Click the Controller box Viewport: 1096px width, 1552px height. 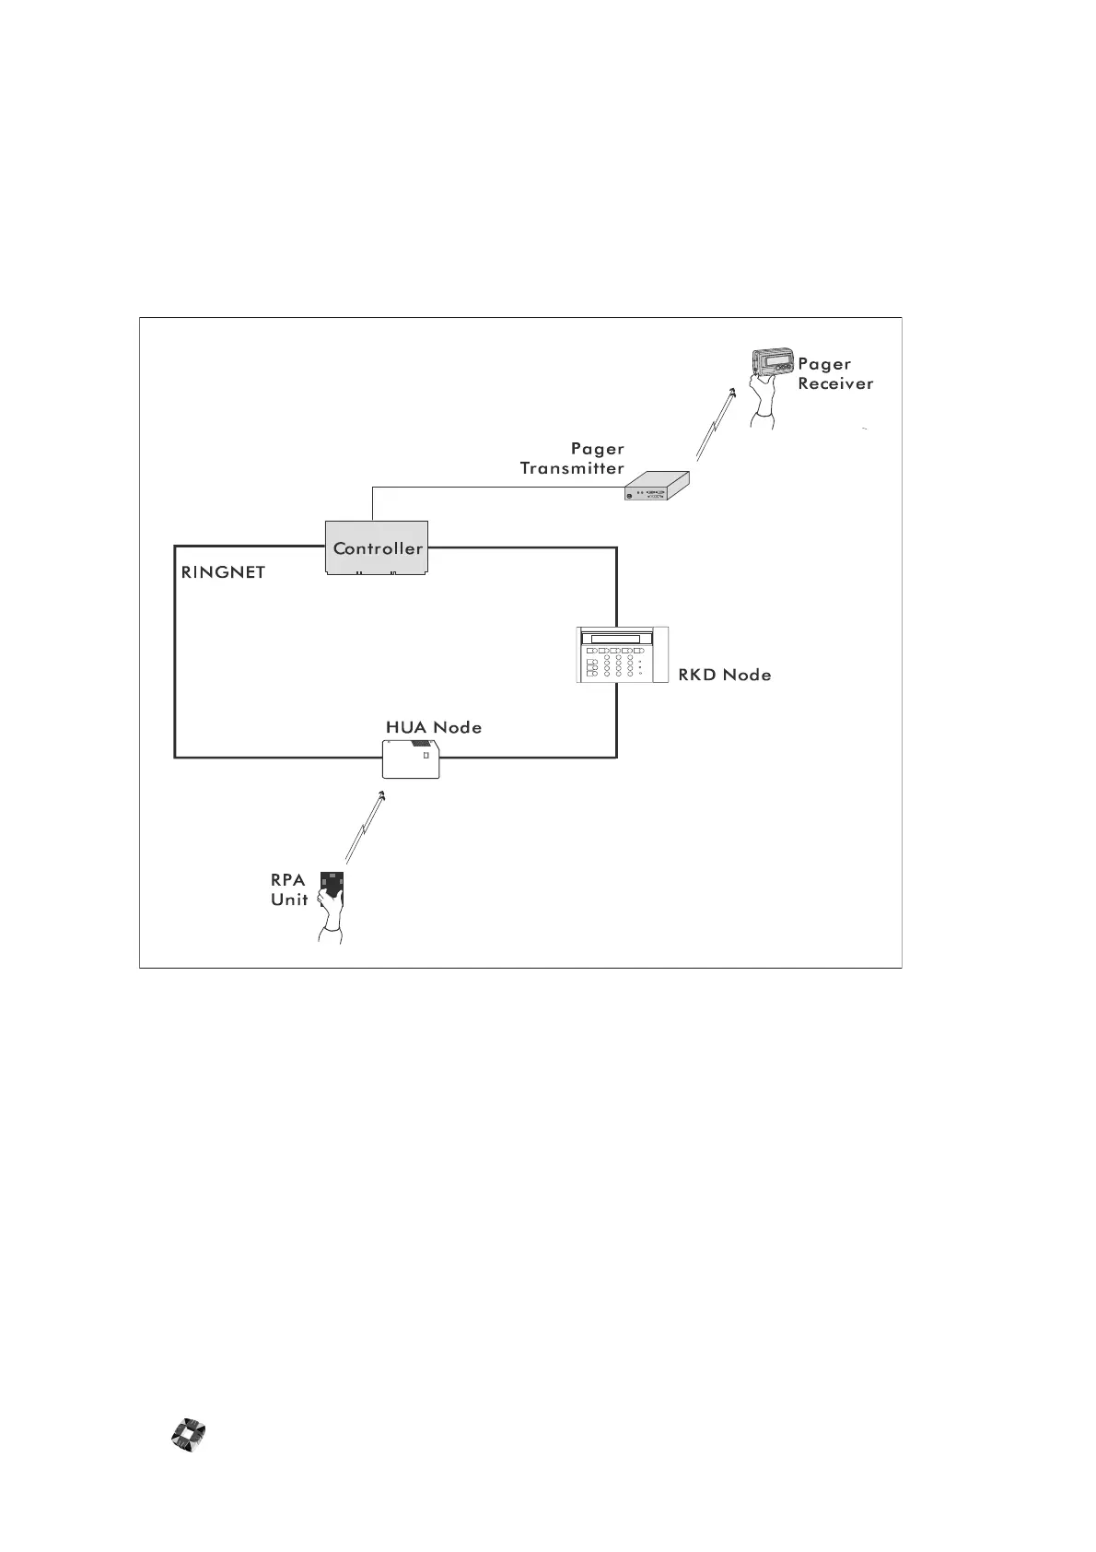click(x=378, y=548)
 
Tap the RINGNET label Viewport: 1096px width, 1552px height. click(x=223, y=572)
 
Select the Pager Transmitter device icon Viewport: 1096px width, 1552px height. click(x=657, y=487)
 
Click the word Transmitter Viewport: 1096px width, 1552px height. click(x=572, y=468)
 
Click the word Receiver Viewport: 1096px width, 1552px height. click(x=835, y=384)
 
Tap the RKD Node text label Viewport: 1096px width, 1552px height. click(x=724, y=676)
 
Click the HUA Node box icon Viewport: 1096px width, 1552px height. click(x=411, y=759)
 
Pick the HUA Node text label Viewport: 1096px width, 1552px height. click(x=433, y=727)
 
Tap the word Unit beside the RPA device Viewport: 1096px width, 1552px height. click(x=289, y=899)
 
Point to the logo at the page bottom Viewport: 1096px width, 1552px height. click(x=190, y=1436)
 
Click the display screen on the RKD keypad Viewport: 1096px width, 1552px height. click(x=614, y=640)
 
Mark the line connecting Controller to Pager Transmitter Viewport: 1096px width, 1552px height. click(x=497, y=488)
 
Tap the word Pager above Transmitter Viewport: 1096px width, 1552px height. click(x=597, y=449)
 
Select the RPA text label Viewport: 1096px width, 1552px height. click(x=288, y=880)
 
